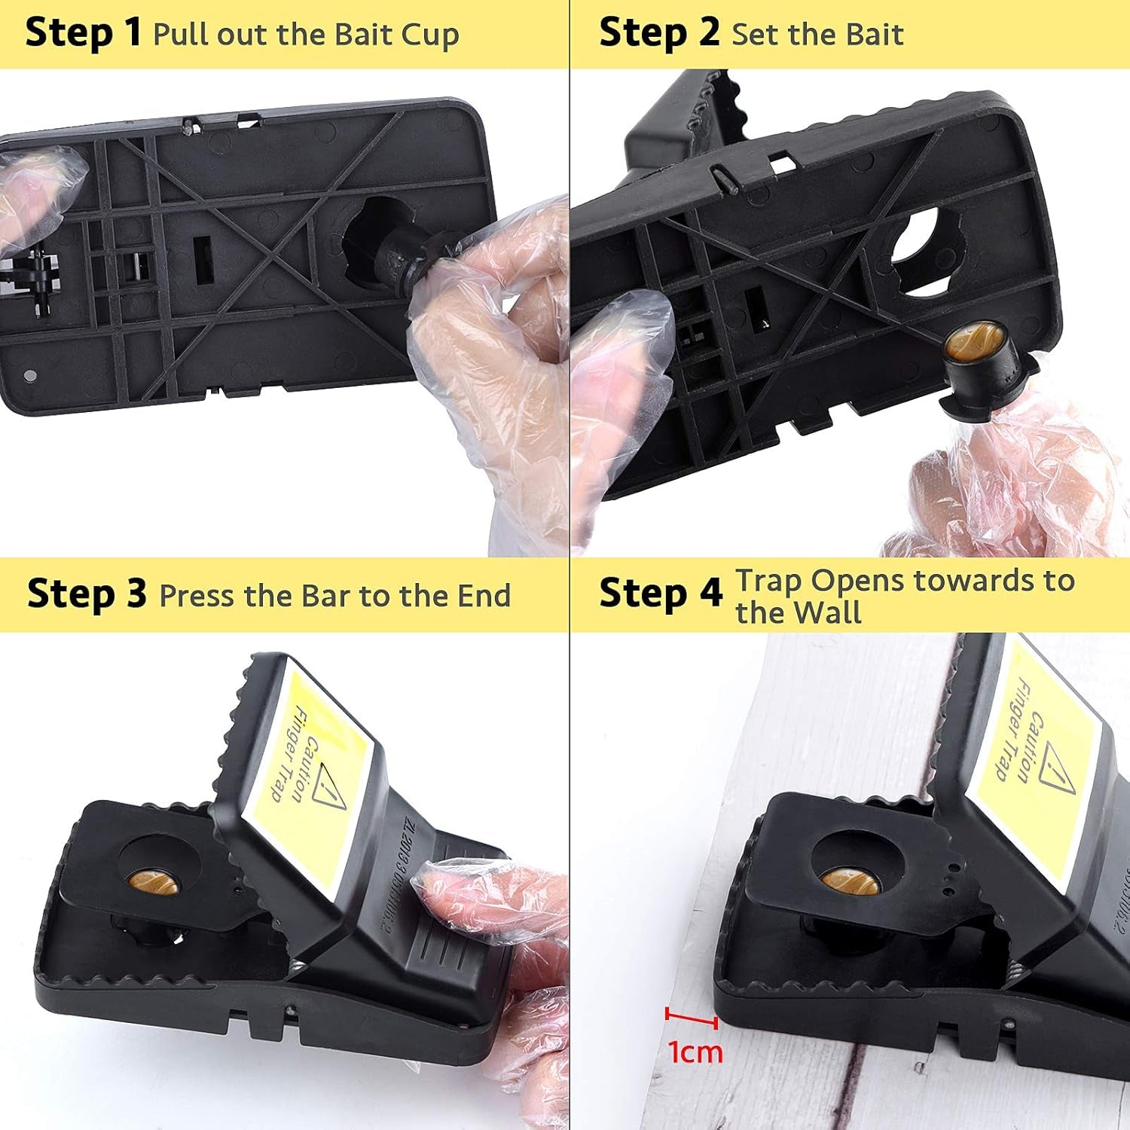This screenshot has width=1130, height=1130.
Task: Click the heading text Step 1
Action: [83, 33]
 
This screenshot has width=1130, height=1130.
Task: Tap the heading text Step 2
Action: [658, 33]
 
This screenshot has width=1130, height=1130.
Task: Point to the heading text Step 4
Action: [660, 594]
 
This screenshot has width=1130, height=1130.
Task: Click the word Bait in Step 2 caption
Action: [874, 35]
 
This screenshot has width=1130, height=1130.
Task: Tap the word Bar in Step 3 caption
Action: [325, 596]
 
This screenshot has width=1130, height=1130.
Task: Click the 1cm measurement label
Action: [695, 1052]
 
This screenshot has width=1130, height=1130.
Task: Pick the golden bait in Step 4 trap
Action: [850, 879]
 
